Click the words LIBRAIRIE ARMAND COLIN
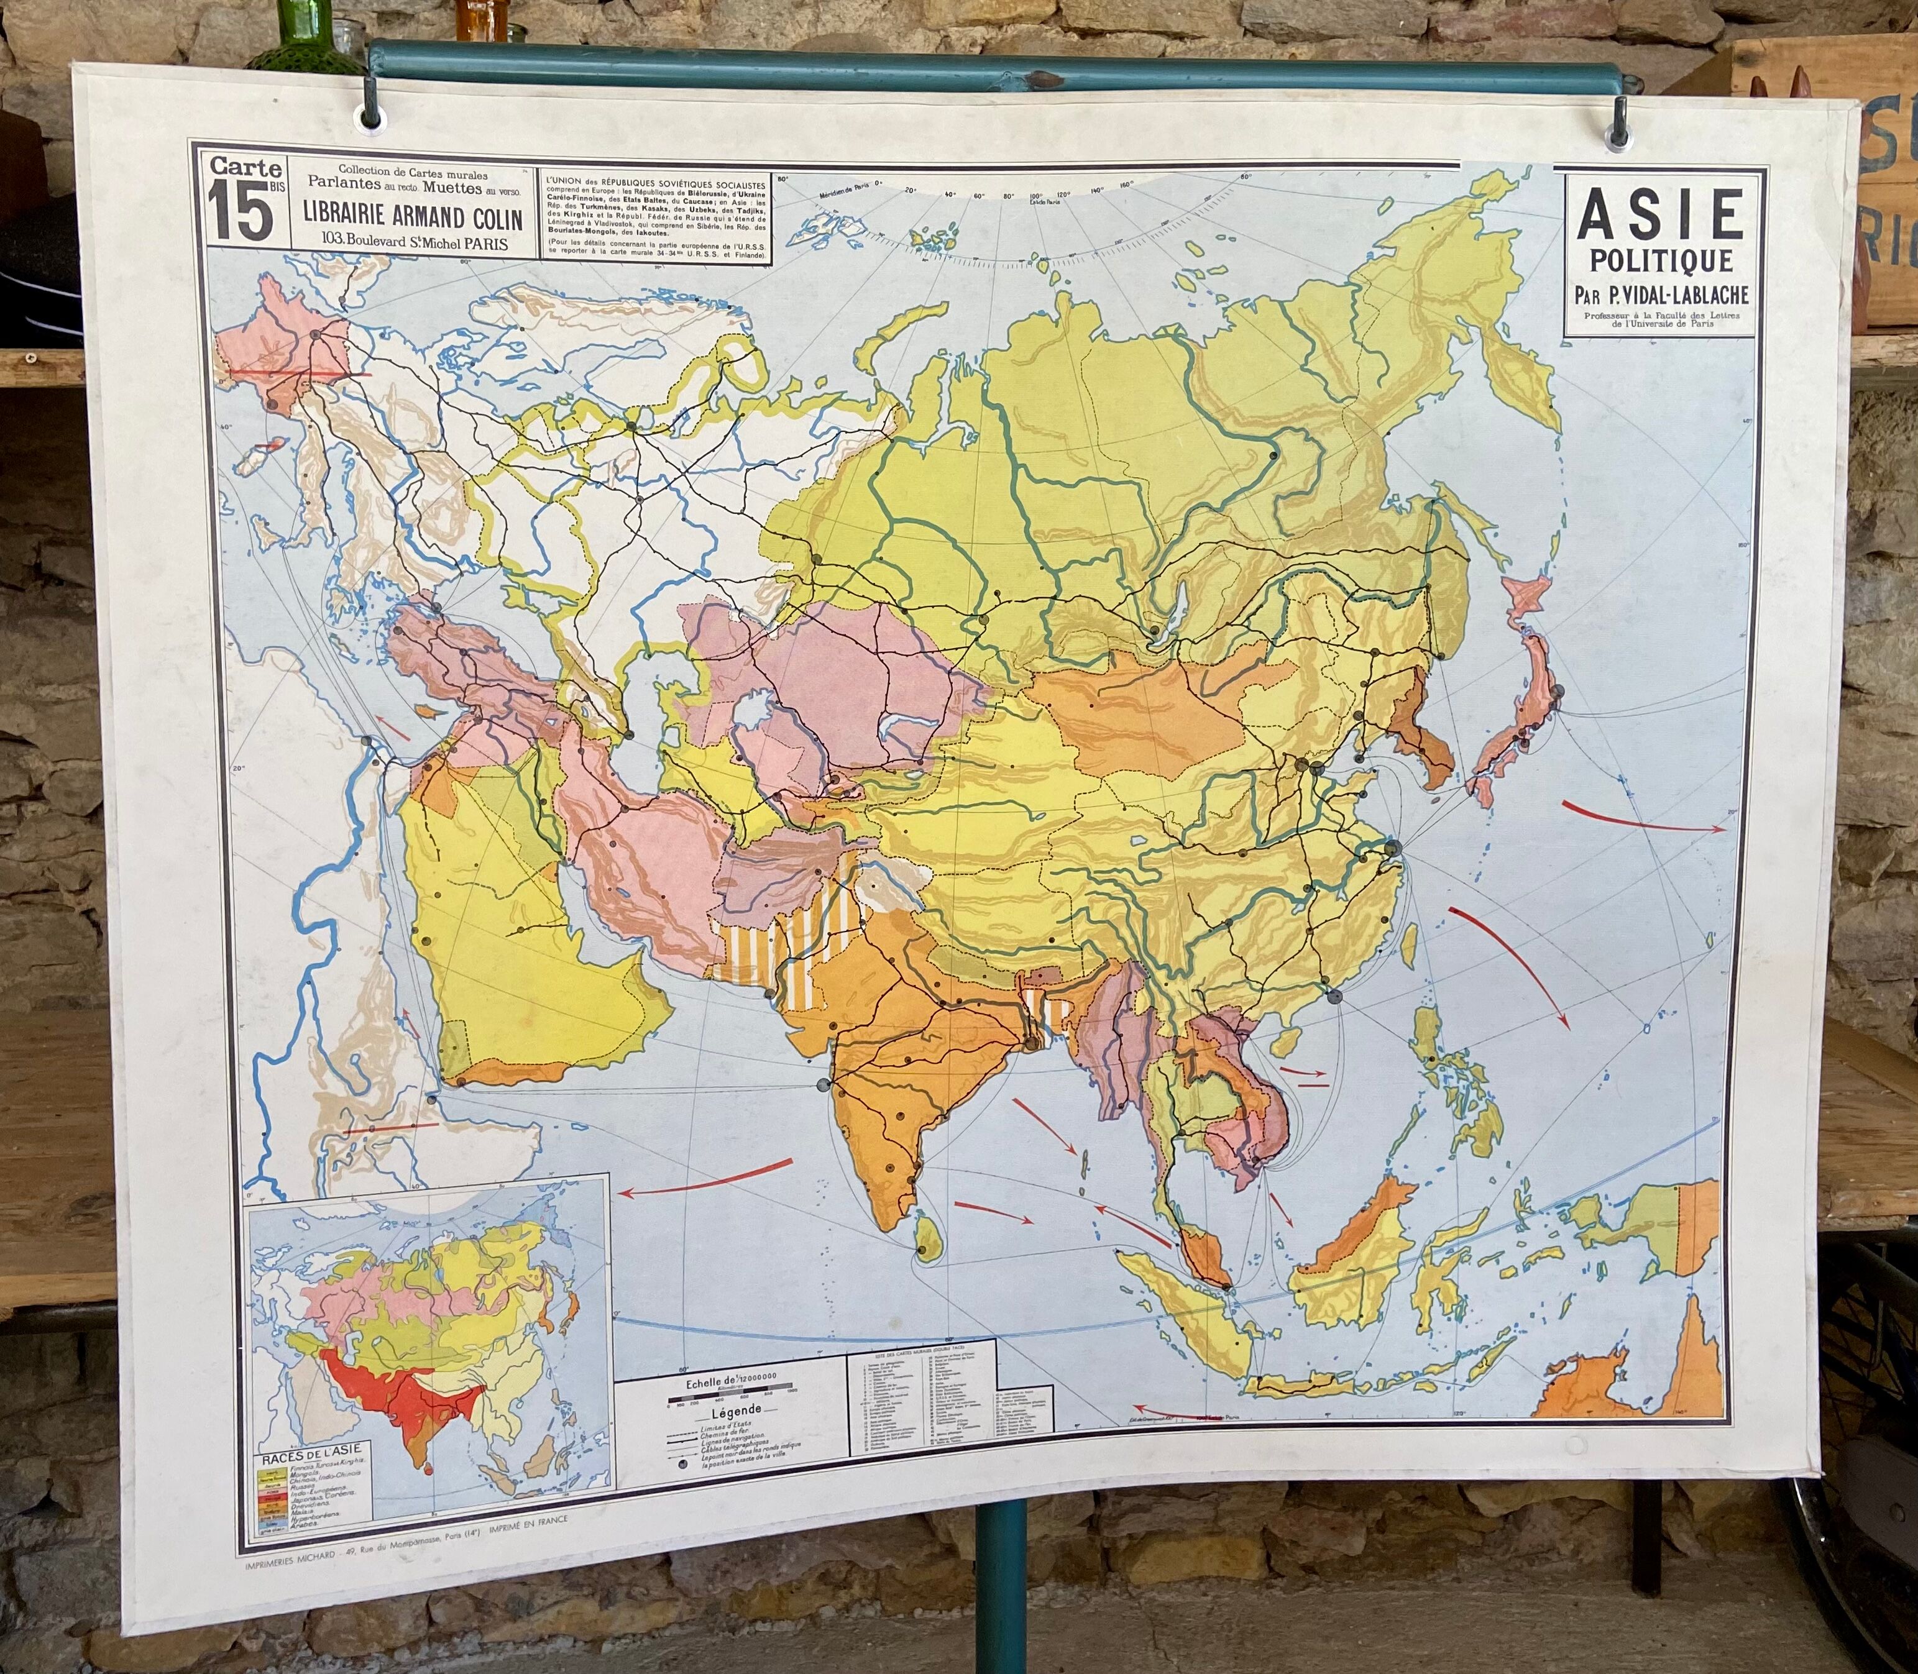[412, 217]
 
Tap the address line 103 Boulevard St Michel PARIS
[412, 242]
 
